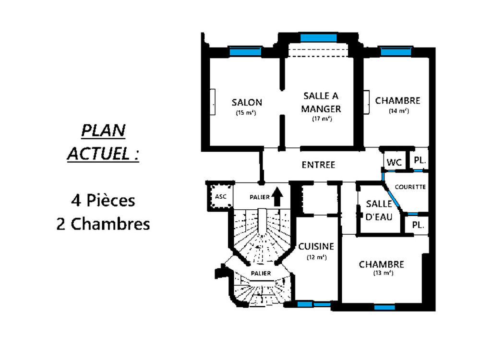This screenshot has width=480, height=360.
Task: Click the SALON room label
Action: [x=247, y=102]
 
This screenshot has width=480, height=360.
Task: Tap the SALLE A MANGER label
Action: [x=321, y=102]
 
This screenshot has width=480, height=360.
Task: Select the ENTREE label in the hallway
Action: [x=318, y=165]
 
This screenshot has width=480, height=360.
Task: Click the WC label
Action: [x=394, y=163]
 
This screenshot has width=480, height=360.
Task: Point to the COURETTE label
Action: [x=410, y=187]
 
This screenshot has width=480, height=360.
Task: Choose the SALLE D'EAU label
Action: [x=379, y=210]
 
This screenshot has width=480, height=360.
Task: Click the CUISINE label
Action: [x=316, y=246]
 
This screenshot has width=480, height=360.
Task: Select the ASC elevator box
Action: [x=220, y=196]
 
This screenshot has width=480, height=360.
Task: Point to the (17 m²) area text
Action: [x=322, y=119]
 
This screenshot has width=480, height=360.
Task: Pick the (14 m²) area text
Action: [x=398, y=111]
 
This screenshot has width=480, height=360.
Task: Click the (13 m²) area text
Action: [x=383, y=273]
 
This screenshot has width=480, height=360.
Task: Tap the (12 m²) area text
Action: [x=317, y=257]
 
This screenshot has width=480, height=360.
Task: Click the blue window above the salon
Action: [x=244, y=51]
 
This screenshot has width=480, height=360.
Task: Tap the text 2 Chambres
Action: [x=103, y=224]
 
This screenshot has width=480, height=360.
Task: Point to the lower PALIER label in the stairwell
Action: [x=261, y=273]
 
